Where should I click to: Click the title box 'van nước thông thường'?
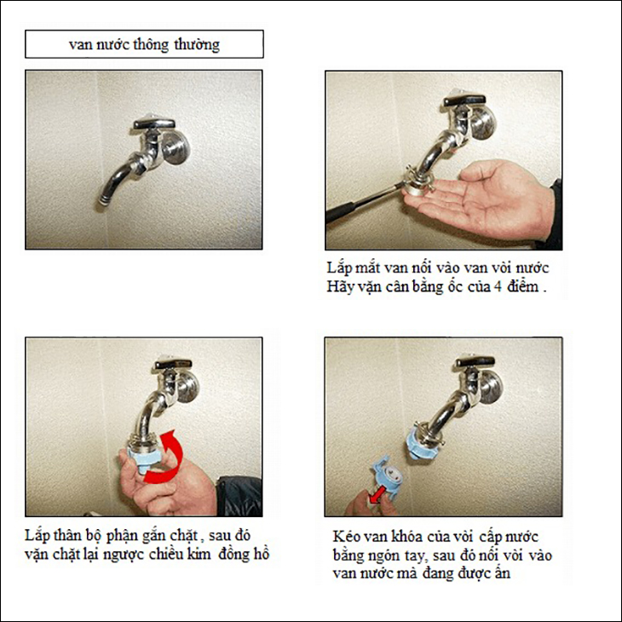click(x=144, y=44)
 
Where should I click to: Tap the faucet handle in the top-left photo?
click(x=153, y=122)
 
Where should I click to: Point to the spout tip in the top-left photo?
click(x=104, y=199)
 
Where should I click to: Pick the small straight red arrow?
click(x=375, y=496)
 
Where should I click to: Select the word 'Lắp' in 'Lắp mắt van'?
click(x=339, y=268)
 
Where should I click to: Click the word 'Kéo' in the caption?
click(x=346, y=536)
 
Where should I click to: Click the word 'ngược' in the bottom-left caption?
click(x=123, y=555)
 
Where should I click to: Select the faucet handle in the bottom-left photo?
click(x=173, y=363)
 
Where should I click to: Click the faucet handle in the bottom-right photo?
click(x=475, y=361)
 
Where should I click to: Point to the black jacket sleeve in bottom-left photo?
click(x=239, y=496)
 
